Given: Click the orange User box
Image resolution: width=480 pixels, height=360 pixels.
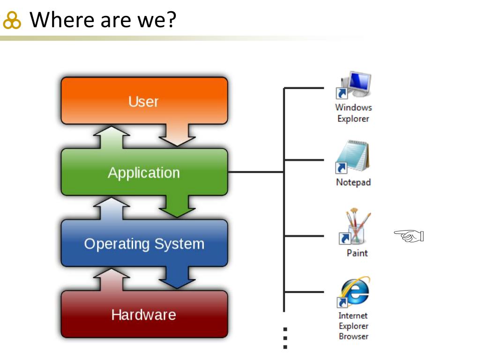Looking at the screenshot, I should click(144, 101).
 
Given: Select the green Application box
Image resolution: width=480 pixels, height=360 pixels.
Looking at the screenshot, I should click(144, 172).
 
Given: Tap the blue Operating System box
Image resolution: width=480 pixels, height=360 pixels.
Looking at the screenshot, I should click(144, 243).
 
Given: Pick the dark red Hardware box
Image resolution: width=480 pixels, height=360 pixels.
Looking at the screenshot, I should click(144, 314).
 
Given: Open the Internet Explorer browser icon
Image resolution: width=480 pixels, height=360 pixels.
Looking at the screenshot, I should click(353, 293).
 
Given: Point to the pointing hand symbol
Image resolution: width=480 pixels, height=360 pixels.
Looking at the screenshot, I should click(409, 236).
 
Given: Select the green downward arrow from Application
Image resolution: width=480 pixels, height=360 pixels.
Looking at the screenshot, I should click(177, 207).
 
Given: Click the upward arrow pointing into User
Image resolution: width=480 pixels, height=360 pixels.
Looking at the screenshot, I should click(111, 137).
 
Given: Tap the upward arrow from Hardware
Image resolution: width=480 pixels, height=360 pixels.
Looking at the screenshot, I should click(111, 279).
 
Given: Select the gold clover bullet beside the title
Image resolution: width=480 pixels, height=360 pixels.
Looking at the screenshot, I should click(12, 20).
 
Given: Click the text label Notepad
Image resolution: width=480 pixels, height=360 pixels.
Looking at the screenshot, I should click(353, 182).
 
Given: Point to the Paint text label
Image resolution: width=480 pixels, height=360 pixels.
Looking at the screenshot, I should click(357, 253).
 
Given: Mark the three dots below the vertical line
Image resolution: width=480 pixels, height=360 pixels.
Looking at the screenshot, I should click(285, 338).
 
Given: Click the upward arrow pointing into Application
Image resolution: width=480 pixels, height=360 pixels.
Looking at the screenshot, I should click(111, 208).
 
